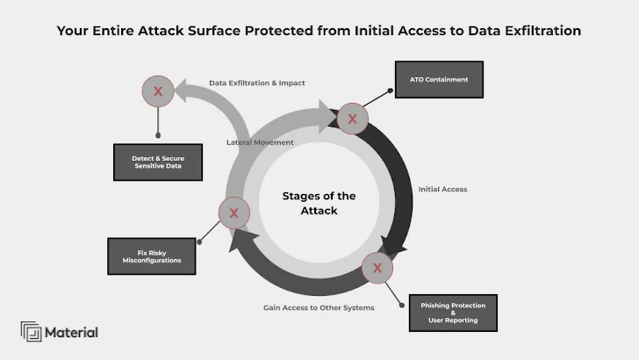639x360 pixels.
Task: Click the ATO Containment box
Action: (x=439, y=79)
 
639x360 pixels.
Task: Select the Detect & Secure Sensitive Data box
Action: (x=157, y=162)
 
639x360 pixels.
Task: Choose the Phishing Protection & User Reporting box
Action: (x=453, y=313)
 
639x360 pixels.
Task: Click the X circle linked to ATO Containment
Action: (x=352, y=118)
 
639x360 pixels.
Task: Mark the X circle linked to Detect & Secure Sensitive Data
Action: (x=158, y=90)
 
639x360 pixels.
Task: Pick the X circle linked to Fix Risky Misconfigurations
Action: (x=233, y=212)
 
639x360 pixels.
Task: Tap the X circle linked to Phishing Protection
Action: (x=377, y=268)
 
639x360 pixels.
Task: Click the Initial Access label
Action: (x=442, y=189)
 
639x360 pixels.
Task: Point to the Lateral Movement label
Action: (x=260, y=141)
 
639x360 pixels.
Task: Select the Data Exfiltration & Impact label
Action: (x=256, y=83)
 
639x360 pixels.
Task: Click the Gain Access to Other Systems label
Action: (x=319, y=308)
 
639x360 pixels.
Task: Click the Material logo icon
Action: (x=31, y=332)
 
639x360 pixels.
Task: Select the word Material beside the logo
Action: (x=73, y=333)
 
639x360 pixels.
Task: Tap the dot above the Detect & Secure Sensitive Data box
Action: (x=158, y=136)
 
